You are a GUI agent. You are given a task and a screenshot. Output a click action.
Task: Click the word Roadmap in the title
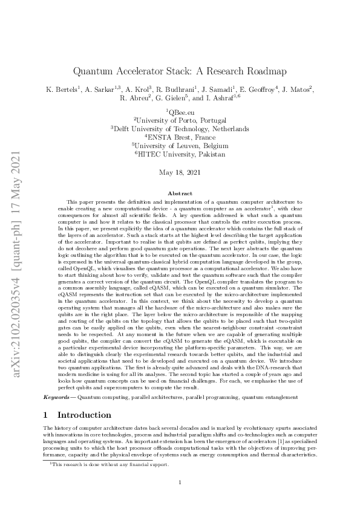(263, 70)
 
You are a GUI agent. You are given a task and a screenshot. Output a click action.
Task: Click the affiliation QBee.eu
(180, 111)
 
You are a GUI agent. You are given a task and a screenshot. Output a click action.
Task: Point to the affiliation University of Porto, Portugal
(180, 120)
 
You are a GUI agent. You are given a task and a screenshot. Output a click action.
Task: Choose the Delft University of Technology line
(180, 128)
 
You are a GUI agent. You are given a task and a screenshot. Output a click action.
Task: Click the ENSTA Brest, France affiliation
(180, 137)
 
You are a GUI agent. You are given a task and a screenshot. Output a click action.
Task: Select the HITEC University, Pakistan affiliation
(180, 154)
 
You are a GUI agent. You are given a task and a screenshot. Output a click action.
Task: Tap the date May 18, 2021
(180, 172)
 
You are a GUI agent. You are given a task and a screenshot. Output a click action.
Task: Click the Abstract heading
(180, 193)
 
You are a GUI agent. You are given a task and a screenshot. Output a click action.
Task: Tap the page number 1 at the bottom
(180, 482)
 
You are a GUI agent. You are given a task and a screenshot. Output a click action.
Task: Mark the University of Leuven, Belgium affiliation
(180, 145)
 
